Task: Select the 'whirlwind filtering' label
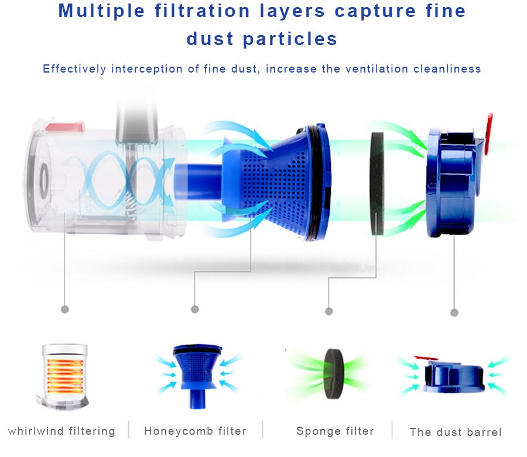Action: [61, 431]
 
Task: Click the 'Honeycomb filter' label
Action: [195, 431]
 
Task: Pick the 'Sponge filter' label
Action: [335, 431]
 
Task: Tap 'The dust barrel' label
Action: [456, 432]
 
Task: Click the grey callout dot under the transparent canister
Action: [64, 308]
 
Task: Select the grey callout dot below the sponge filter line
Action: [329, 311]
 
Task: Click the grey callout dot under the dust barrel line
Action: [454, 312]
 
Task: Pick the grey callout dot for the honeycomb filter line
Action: [195, 309]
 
